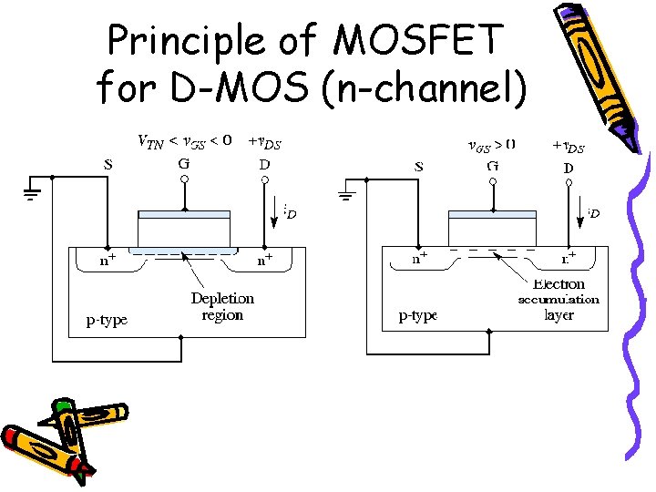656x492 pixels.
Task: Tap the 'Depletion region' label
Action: tap(222, 306)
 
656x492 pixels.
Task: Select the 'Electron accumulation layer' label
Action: tap(559, 300)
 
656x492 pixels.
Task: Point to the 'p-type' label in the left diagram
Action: tap(107, 320)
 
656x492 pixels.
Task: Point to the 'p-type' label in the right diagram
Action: tap(417, 316)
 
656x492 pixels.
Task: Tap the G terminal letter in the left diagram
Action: tap(184, 166)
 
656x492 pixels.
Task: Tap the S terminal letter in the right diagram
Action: tap(418, 167)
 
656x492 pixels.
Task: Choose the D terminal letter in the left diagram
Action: tap(264, 166)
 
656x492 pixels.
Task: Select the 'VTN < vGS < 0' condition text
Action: tap(184, 141)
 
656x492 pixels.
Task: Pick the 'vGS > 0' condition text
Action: tap(491, 144)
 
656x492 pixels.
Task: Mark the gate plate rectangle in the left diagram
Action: tap(183, 228)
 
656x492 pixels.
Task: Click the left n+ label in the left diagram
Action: tap(108, 260)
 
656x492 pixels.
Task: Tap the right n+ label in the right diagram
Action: tap(567, 259)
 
